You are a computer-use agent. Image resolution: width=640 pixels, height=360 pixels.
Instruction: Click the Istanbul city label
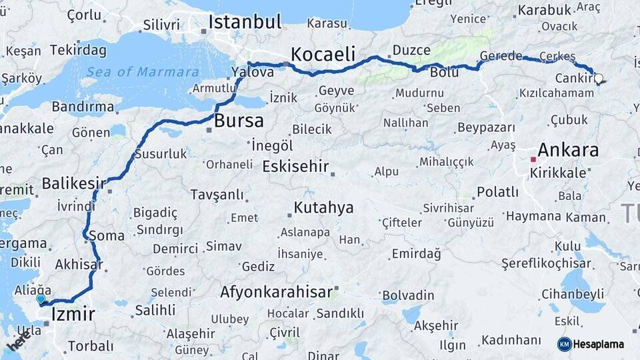click(x=245, y=21)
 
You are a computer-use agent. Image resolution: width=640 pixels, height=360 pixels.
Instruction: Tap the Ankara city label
click(x=568, y=149)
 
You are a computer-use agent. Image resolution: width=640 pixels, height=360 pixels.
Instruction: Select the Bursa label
click(x=239, y=121)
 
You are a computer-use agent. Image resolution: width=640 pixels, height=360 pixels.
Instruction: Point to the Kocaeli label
click(x=323, y=54)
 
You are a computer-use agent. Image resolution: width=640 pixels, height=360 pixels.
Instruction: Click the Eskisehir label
click(x=296, y=165)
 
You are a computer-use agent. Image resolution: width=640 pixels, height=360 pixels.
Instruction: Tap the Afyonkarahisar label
click(x=276, y=292)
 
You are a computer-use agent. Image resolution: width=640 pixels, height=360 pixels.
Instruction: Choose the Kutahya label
click(x=323, y=208)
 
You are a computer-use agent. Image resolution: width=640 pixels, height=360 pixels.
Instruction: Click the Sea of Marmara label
click(x=143, y=72)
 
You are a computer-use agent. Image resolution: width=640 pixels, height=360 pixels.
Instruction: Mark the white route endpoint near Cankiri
click(x=598, y=79)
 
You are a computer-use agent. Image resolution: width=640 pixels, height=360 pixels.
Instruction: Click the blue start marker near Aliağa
click(x=41, y=299)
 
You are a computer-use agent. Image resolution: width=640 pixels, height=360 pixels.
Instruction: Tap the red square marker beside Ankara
click(x=533, y=159)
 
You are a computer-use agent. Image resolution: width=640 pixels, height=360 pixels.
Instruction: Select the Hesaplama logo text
click(x=599, y=344)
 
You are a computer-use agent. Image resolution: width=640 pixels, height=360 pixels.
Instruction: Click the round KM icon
click(x=564, y=344)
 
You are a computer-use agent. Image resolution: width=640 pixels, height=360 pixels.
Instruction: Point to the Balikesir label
click(x=74, y=183)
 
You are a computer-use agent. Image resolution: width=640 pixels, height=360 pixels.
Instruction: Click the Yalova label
click(x=253, y=72)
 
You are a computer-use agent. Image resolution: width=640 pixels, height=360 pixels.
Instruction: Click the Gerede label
click(x=501, y=56)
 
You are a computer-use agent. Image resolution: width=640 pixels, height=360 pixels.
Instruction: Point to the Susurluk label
click(x=161, y=154)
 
